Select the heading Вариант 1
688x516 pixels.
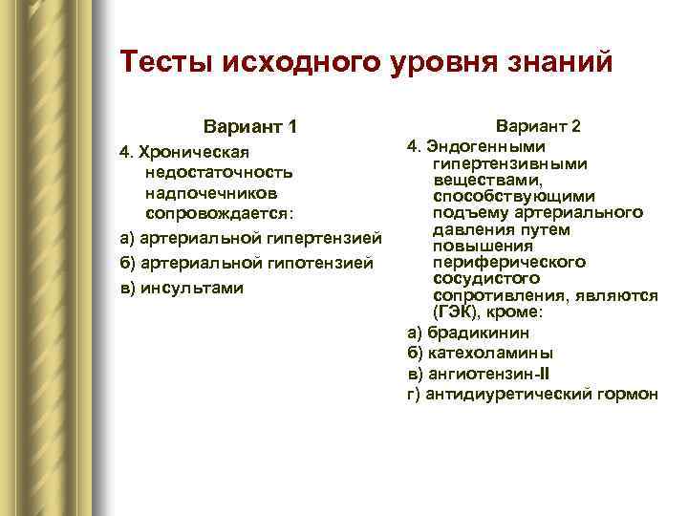pos(250,127)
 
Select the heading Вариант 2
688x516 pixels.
pos(538,126)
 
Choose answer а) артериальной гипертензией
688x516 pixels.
pos(250,237)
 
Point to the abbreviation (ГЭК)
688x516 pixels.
pos(456,312)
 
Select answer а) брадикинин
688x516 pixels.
pos(468,333)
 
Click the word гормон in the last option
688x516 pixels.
pos(630,395)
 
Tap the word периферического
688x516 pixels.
pos(509,262)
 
